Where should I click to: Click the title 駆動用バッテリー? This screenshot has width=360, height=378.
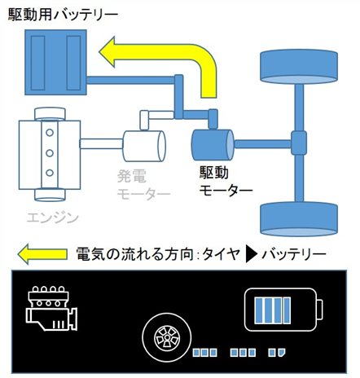click(63, 15)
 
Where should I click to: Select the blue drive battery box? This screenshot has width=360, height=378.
click(55, 62)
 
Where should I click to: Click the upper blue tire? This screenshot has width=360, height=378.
click(299, 66)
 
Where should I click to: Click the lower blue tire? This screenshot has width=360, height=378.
click(299, 219)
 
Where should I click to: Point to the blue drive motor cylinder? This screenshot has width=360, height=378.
click(213, 145)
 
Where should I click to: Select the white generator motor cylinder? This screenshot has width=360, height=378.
click(144, 146)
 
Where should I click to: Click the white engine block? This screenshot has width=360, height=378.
click(50, 155)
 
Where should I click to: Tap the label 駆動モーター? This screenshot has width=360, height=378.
click(226, 181)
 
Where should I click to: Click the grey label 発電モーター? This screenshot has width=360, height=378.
click(143, 185)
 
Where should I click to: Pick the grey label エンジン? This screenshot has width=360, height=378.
click(53, 218)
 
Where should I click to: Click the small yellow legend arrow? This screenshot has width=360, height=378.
click(42, 254)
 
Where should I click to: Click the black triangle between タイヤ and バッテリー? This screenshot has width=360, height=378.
click(251, 254)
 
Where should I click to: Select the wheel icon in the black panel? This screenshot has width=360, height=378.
click(166, 338)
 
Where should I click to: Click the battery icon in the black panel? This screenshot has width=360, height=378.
click(283, 310)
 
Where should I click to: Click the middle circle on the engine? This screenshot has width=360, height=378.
click(50, 153)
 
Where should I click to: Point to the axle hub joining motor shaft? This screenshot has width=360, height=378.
click(299, 143)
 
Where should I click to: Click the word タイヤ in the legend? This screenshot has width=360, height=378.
click(222, 254)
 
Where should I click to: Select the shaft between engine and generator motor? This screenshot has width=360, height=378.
click(101, 143)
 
